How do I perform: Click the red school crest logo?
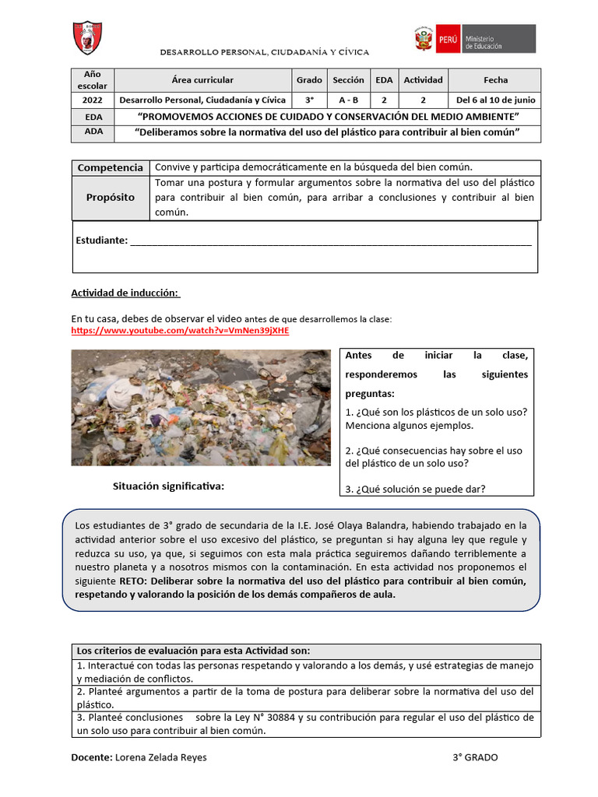pyautogui.click(x=87, y=37)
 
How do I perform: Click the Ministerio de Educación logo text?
pyautogui.click(x=485, y=42)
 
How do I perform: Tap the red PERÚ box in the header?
pyautogui.click(x=448, y=39)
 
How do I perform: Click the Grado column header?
pyautogui.click(x=309, y=80)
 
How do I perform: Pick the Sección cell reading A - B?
pyautogui.click(x=348, y=100)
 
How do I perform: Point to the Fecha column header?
pyautogui.click(x=495, y=80)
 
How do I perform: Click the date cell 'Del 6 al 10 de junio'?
pyautogui.click(x=495, y=100)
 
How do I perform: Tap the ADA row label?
pyautogui.click(x=93, y=132)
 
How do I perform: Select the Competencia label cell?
pyautogui.click(x=111, y=167)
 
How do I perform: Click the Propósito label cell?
pyautogui.click(x=111, y=198)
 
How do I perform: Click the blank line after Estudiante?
pyautogui.click(x=330, y=241)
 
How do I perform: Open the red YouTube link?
pyautogui.click(x=180, y=331)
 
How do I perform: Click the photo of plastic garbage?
pyautogui.click(x=201, y=407)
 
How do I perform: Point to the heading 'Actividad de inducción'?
pyautogui.click(x=125, y=293)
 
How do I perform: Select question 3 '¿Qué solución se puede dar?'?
pyautogui.click(x=415, y=489)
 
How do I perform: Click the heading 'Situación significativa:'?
pyautogui.click(x=168, y=486)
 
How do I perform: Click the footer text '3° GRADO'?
pyautogui.click(x=475, y=757)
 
